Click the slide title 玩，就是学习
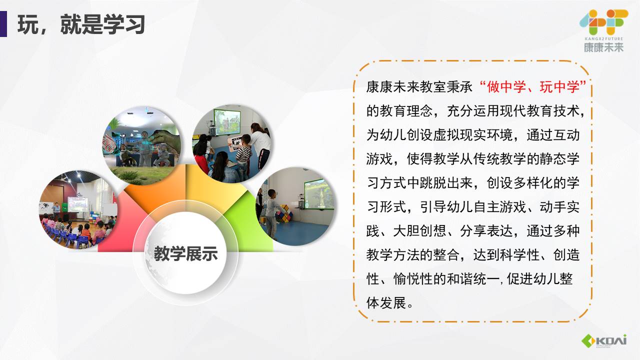click(x=81, y=24)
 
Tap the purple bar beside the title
click(x=3, y=24)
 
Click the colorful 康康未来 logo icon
click(x=603, y=22)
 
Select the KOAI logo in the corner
click(x=604, y=341)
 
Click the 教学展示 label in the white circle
click(x=186, y=253)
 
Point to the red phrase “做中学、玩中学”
click(x=533, y=86)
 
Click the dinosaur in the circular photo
click(x=165, y=142)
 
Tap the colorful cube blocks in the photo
click(x=284, y=213)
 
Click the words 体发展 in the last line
click(x=386, y=302)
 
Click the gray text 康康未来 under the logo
click(x=603, y=47)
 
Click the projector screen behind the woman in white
click(x=227, y=122)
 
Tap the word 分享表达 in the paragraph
click(x=486, y=230)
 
